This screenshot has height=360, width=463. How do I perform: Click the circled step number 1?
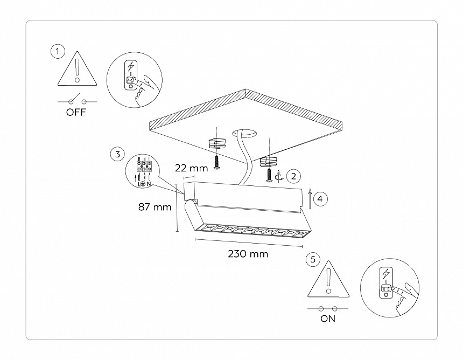[58, 52]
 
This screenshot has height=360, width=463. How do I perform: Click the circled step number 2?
[293, 176]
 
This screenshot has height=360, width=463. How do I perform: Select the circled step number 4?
[320, 199]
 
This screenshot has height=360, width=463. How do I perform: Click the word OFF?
[76, 113]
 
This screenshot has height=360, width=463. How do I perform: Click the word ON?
[327, 319]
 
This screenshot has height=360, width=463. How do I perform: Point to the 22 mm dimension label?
[192, 168]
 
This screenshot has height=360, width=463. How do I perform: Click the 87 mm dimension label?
[155, 207]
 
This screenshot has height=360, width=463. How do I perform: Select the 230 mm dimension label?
[248, 254]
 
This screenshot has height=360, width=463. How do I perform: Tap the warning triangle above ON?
[328, 281]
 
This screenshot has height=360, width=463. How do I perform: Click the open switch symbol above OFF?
[78, 101]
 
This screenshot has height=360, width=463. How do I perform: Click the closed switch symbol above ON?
[327, 308]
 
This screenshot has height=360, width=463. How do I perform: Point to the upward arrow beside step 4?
[310, 198]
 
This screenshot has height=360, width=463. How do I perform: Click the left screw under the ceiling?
[216, 162]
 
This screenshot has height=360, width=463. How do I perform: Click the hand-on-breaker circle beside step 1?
[135, 81]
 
